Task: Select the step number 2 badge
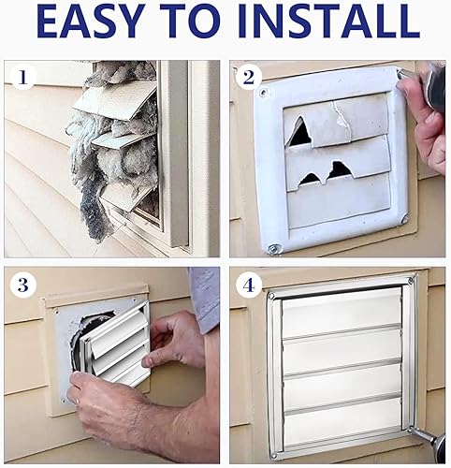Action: click(247, 77)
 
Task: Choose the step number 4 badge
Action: click(247, 284)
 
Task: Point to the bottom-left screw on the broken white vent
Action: click(272, 248)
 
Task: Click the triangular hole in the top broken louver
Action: click(299, 133)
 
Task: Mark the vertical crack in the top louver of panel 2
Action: click(335, 116)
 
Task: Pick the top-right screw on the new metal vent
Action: click(409, 280)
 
